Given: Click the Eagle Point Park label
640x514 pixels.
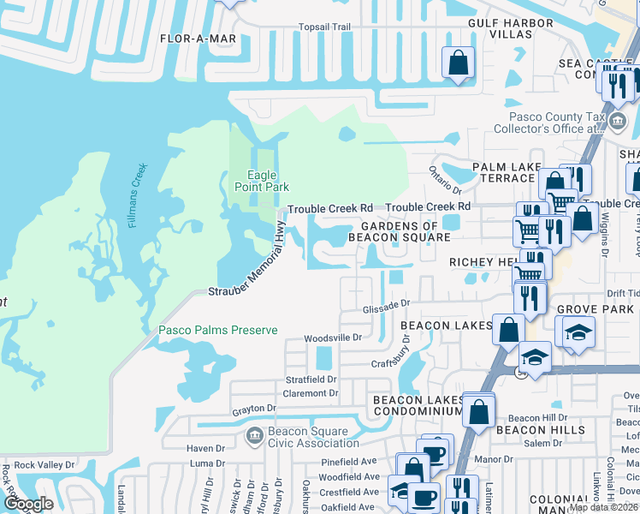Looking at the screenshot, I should [262, 181].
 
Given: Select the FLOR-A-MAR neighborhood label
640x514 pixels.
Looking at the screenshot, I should [198, 39].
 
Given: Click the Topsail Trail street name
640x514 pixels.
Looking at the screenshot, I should [324, 27].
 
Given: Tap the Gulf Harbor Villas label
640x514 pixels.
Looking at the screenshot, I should [499, 27].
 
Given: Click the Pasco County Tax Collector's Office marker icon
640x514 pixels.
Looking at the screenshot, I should [617, 123].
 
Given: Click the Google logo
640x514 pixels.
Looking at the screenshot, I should [28, 504].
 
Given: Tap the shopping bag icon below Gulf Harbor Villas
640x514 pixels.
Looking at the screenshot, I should [458, 63].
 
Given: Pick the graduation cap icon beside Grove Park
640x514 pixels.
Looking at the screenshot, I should [579, 331].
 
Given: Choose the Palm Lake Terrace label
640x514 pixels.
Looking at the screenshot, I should [497, 171].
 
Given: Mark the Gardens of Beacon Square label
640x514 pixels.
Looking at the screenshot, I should [400, 230].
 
